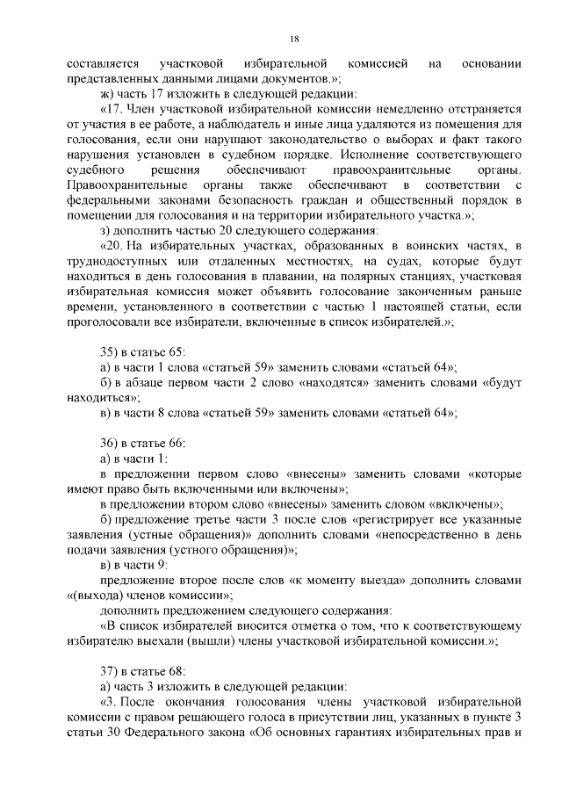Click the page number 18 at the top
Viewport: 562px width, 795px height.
pos(294,39)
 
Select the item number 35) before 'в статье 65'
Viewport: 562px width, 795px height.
pos(112,351)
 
